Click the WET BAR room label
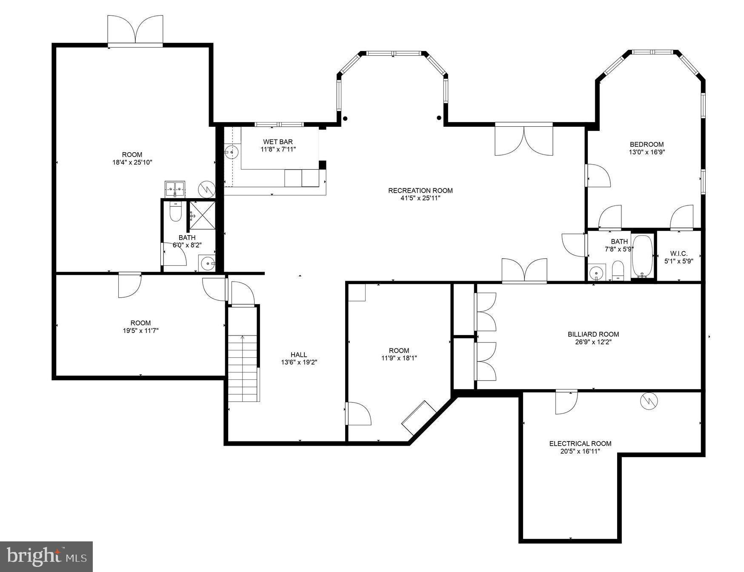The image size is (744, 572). (x=278, y=142)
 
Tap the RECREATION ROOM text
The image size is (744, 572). (x=420, y=191)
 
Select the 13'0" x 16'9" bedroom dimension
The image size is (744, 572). (x=647, y=152)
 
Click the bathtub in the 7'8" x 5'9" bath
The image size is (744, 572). (x=642, y=256)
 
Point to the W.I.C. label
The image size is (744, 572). (x=678, y=253)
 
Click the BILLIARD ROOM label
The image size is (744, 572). (x=593, y=334)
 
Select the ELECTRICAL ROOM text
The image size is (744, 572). (x=580, y=444)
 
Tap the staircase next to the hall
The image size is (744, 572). (x=243, y=368)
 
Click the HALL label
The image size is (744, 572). (x=298, y=355)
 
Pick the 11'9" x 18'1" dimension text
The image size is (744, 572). (x=399, y=358)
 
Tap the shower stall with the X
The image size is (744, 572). (x=202, y=216)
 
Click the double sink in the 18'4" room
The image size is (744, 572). (x=175, y=188)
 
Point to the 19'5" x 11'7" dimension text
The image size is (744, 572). (x=140, y=330)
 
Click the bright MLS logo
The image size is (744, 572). (x=46, y=556)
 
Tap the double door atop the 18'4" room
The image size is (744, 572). (x=135, y=30)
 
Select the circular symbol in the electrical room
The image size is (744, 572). (x=649, y=401)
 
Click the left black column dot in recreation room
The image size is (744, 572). (x=345, y=119)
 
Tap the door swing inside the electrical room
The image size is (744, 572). (x=566, y=402)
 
